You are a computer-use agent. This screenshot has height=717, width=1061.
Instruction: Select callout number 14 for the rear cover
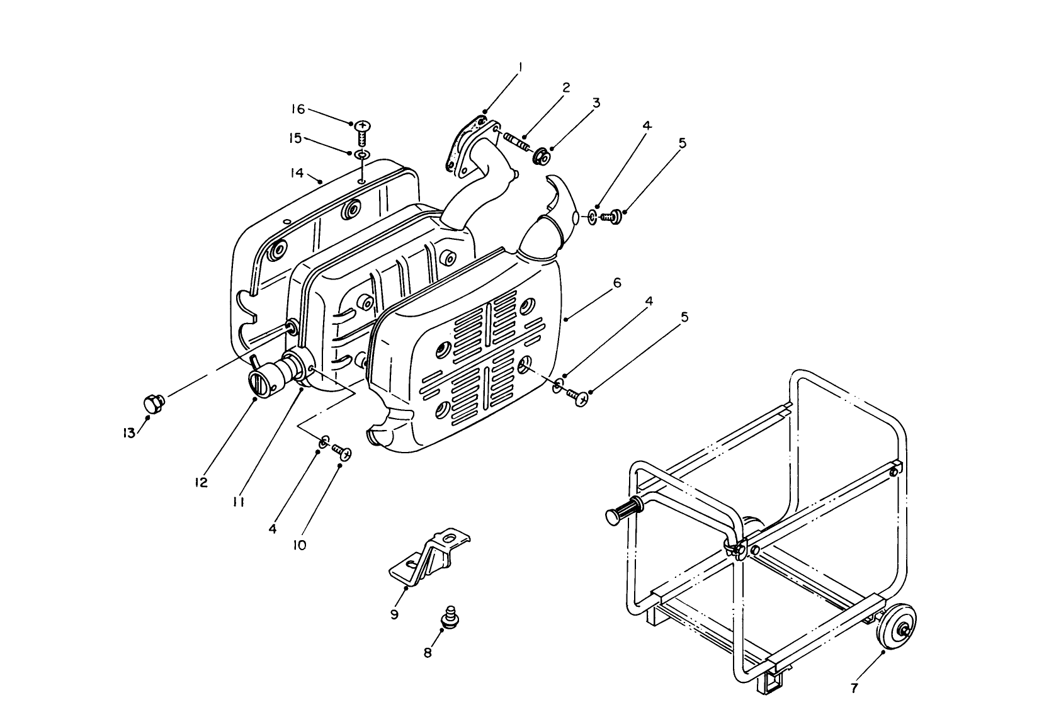point(297,172)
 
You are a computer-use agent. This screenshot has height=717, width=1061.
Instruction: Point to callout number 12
point(201,482)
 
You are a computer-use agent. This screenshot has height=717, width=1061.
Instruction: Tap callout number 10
point(300,545)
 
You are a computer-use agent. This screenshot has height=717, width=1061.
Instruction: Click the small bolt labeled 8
point(449,616)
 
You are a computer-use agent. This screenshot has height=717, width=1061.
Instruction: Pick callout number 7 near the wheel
point(854,689)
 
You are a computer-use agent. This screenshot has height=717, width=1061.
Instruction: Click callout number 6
point(617,283)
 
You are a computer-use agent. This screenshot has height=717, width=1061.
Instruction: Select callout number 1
point(520,65)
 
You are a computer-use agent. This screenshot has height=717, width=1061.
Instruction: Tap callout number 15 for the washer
point(295,138)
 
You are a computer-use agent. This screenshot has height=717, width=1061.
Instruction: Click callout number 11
point(239,502)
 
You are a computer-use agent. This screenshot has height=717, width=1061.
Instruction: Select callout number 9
point(394,614)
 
